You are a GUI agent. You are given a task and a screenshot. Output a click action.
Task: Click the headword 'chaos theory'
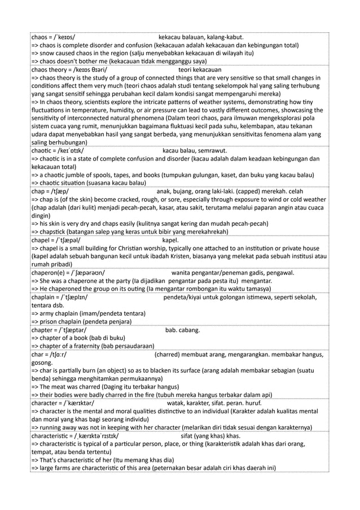tap(51, 69)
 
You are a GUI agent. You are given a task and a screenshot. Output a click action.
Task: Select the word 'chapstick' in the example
tap(56, 232)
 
